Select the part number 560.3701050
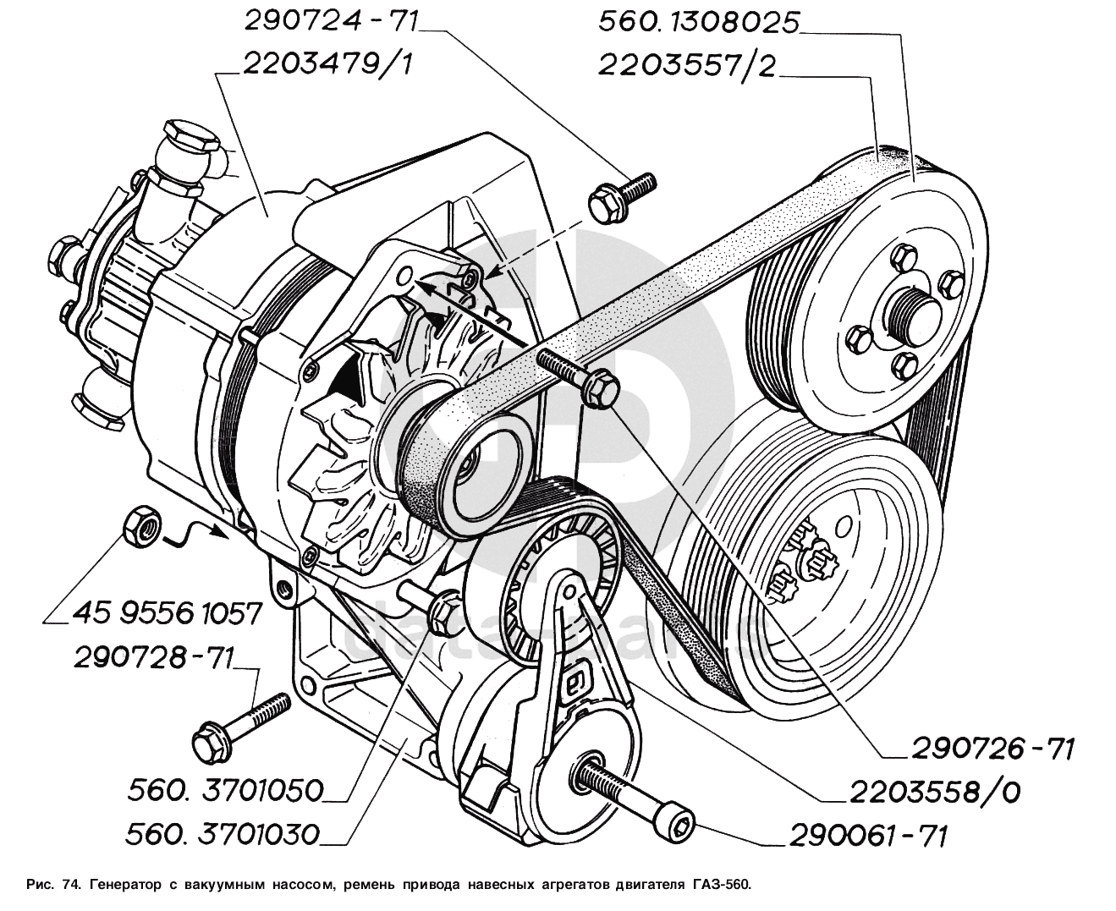pos(226,791)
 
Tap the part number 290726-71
pos(992,749)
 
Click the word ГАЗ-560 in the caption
pos(716,885)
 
